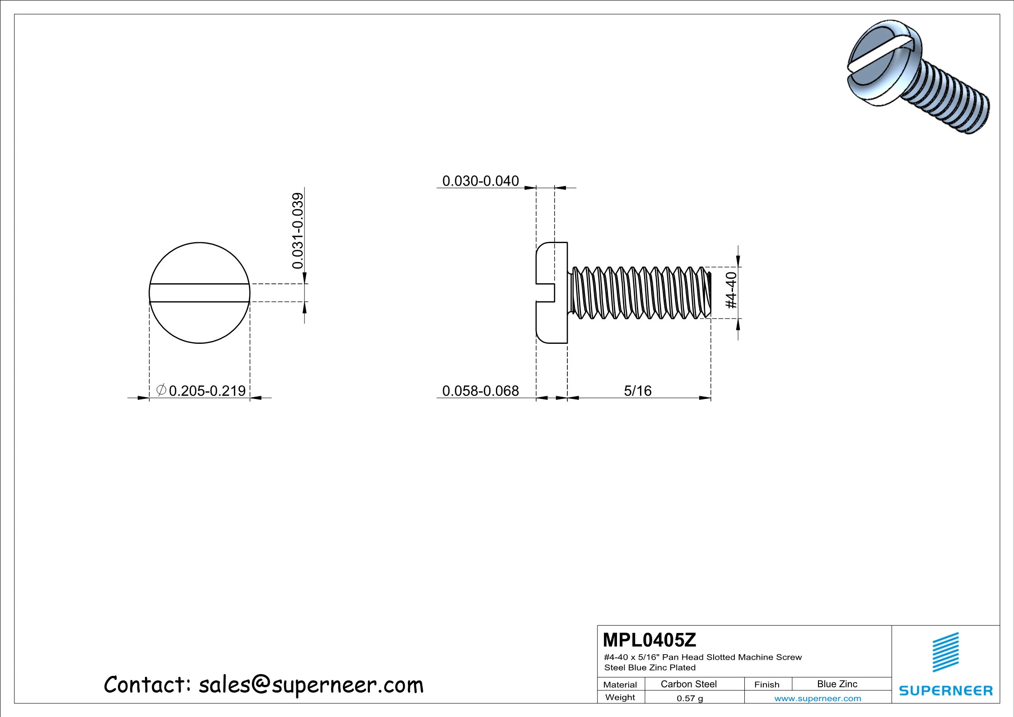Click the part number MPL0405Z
pos(649,640)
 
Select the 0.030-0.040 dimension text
pos(480,181)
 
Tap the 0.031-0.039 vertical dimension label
pos(298,230)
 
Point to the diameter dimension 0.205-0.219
pos(207,391)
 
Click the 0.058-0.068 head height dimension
pos(480,391)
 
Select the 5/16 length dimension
pos(637,391)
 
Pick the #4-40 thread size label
pos(731,290)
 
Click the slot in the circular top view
pos(199,293)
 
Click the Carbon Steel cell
pos(688,684)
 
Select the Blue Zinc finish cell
pos(836,684)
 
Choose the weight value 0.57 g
pos(689,698)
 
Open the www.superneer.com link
pos(817,698)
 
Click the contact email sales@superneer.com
pos(311,685)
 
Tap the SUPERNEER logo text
pos(945,691)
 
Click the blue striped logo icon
pos(945,652)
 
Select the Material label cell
pos(620,684)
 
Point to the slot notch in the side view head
pos(546,293)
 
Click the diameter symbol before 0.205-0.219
pos(161,390)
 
